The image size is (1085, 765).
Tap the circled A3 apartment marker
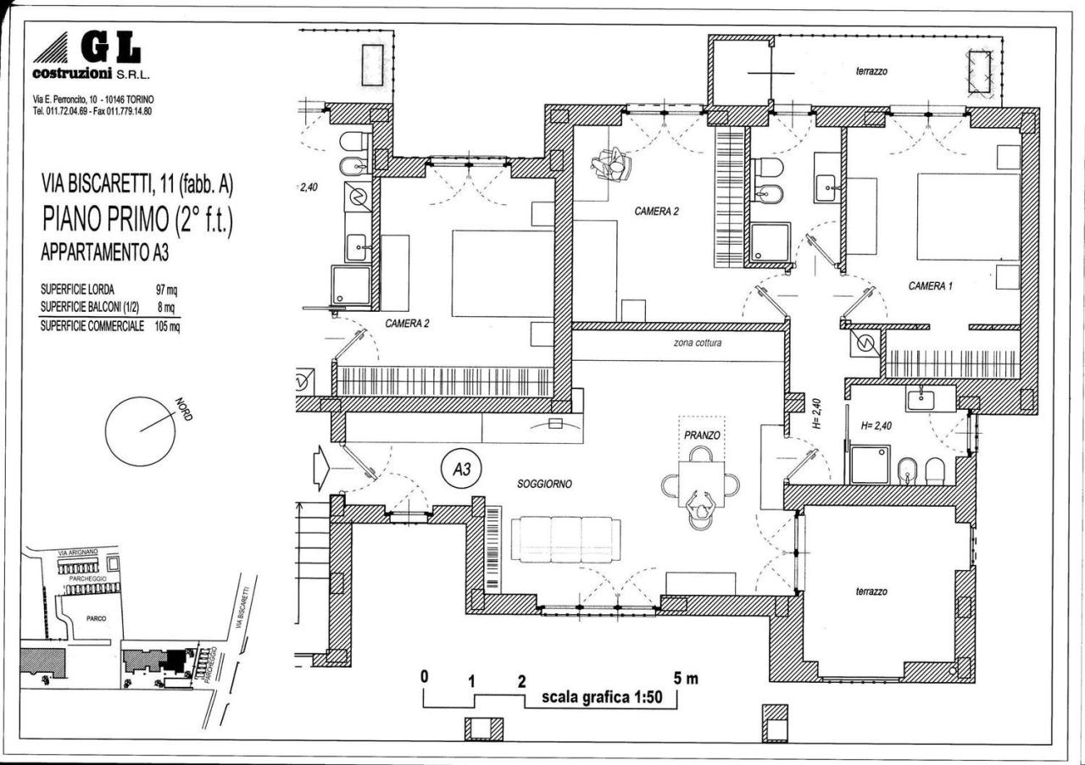461,468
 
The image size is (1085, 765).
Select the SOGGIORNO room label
544,484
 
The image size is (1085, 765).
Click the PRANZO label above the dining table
701,435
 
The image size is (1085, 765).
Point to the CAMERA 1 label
931,286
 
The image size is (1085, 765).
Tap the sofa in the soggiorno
565,539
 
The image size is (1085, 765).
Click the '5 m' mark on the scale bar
687,679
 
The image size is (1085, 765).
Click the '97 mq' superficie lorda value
165,290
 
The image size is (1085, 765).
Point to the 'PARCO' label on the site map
96,618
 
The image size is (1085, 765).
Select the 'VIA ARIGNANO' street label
78,552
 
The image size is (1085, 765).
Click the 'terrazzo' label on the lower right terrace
871,591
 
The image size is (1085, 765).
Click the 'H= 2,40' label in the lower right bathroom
877,427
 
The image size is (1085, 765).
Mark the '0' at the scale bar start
424,678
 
